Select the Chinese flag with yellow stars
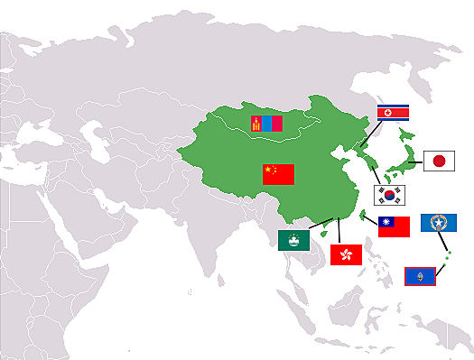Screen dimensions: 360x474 coord(278,174)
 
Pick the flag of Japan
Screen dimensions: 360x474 coord(439,162)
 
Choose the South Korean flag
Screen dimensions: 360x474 coord(390,195)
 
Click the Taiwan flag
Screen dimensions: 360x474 coord(394,226)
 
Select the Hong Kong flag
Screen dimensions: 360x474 coord(347,255)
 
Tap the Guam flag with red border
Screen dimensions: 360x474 coord(420,275)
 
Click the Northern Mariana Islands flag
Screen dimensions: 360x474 coord(439,223)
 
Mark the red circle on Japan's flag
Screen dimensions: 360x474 coord(439,162)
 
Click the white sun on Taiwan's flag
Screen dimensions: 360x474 coord(386,222)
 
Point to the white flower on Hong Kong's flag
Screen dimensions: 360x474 coord(347,255)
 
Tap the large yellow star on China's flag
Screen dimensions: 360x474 coord(268,169)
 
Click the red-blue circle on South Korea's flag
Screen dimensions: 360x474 coord(390,195)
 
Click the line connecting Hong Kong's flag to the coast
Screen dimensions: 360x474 coord(339,231)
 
